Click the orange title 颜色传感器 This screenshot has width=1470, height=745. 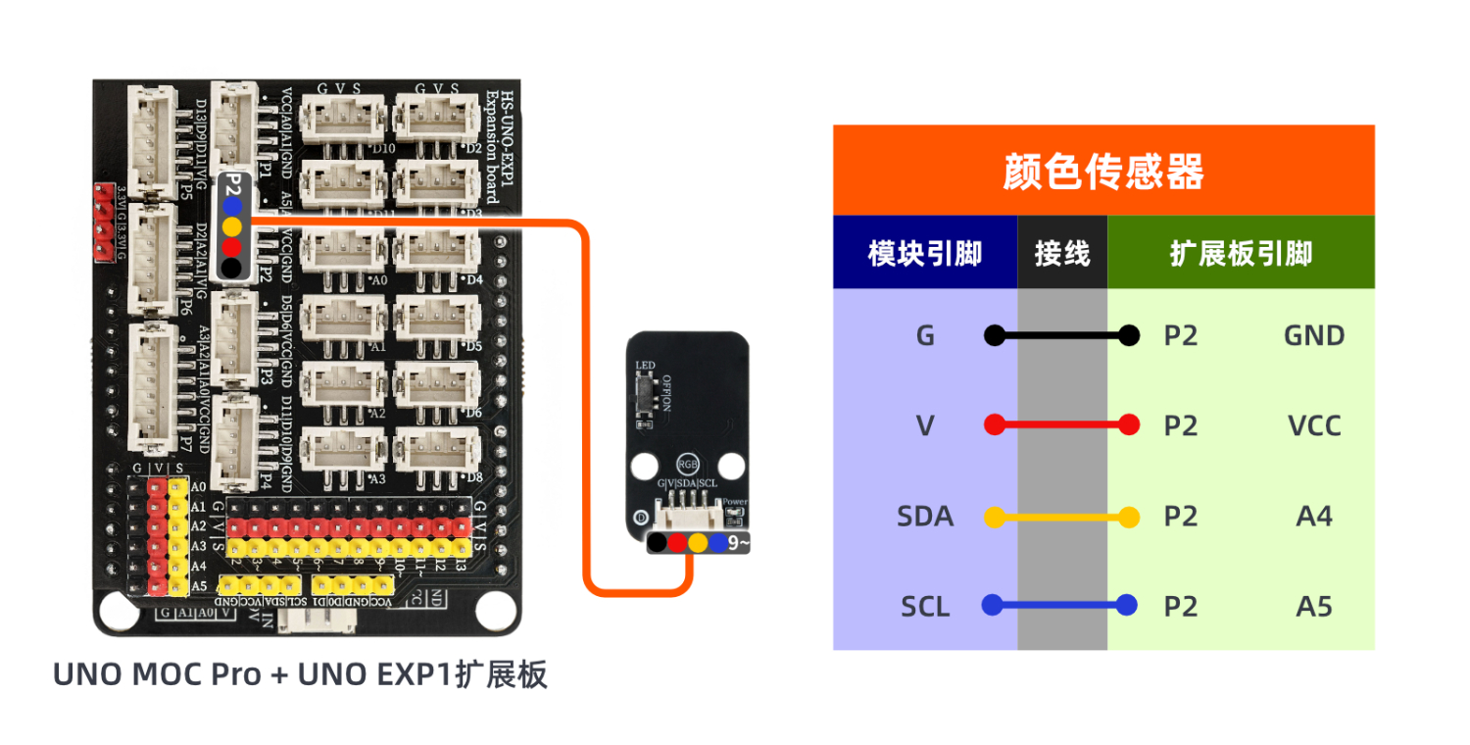[1102, 172]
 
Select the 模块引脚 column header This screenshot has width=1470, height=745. [924, 254]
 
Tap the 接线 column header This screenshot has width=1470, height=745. [1062, 254]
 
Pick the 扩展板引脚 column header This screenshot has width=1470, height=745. [1241, 254]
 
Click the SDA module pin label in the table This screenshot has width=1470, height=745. [924, 516]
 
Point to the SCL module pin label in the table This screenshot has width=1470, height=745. [925, 607]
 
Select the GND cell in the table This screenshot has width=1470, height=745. [1313, 336]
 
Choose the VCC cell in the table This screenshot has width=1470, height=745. [1313, 425]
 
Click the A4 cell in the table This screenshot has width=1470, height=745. [1313, 516]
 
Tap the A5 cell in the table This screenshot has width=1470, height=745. [1313, 607]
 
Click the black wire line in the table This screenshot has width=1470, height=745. [1061, 336]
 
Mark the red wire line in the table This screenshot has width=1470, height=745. [1061, 425]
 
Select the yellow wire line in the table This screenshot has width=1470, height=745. [1061, 517]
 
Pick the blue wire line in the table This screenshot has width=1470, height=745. [1061, 605]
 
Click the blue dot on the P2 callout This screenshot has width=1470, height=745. [231, 206]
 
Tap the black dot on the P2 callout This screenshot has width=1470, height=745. [231, 267]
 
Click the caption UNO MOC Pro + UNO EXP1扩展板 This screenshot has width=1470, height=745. [300, 675]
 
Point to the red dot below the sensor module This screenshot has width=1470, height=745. [677, 541]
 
